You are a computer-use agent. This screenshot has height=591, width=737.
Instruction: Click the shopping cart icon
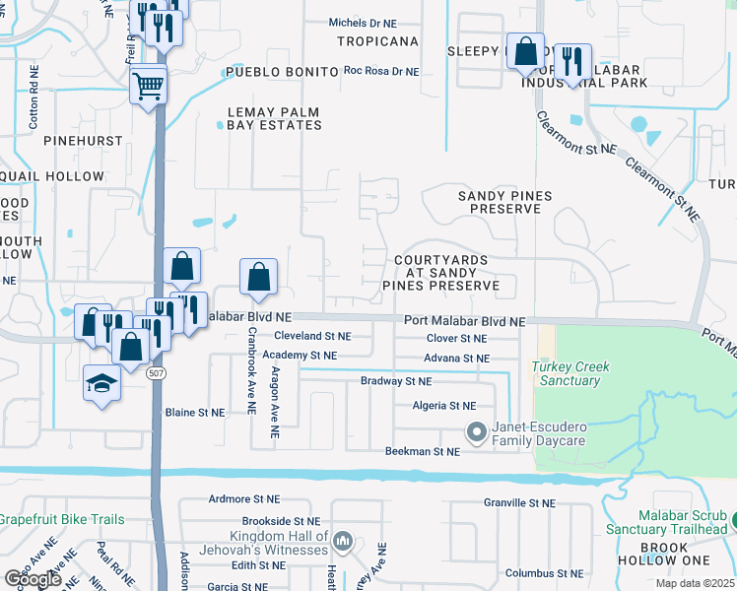148,85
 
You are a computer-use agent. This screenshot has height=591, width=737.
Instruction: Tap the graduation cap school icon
101,382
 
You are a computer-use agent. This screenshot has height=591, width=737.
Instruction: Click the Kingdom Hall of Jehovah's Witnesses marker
342,540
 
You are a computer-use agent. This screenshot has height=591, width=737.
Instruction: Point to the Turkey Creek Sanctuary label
570,373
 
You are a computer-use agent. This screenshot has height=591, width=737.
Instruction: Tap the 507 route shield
156,374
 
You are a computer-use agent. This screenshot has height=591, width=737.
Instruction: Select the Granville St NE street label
520,502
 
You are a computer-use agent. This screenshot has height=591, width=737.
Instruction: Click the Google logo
33,578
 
